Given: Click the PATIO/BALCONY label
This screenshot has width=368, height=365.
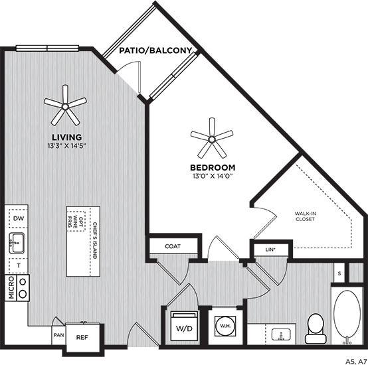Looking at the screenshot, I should click(x=156, y=51).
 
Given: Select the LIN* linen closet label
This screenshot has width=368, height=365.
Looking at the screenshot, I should click(x=261, y=250).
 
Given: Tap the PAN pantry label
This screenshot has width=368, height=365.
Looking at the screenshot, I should click(x=58, y=335).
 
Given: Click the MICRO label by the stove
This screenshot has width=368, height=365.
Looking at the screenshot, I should click(x=10, y=289).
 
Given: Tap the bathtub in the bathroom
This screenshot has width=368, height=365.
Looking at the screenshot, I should click(x=347, y=317).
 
